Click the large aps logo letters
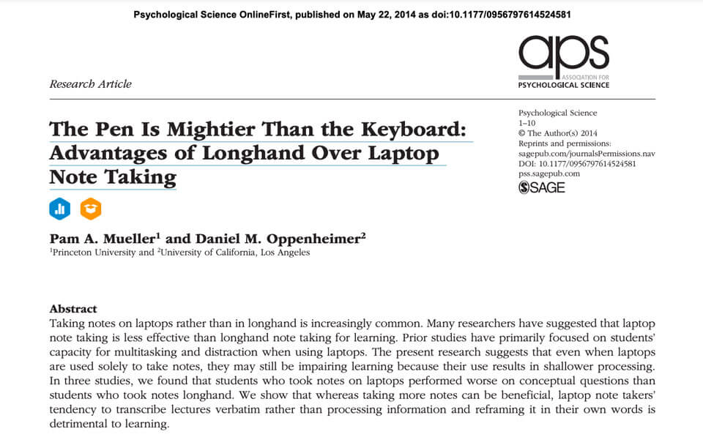[x=563, y=55]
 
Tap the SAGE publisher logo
[x=542, y=187]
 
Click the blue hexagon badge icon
[x=60, y=209]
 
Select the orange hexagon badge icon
[x=90, y=209]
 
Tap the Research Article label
[x=90, y=83]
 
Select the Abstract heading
[x=73, y=309]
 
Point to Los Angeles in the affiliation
[x=283, y=253]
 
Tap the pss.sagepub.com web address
[x=549, y=173]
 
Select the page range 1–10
[x=527, y=123]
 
